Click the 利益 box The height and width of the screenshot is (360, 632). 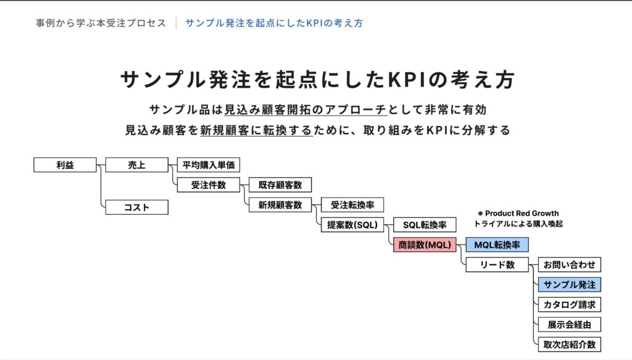65,165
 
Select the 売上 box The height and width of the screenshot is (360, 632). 136,165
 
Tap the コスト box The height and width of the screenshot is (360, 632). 136,207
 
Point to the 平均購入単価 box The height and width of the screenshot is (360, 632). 209,165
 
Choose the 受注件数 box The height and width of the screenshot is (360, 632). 209,185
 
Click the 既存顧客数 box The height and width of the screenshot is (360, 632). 280,185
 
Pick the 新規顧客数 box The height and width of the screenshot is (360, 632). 280,205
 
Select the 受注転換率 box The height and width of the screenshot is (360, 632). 352,205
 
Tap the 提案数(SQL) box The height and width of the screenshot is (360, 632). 352,225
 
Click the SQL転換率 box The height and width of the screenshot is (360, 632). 425,225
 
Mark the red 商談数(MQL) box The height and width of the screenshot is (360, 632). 425,245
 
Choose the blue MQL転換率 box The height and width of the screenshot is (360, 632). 497,245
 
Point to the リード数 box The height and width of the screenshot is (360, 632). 497,265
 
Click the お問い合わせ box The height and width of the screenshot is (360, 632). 569,265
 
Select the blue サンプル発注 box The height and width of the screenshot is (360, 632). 569,285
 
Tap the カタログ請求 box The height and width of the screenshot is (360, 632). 569,304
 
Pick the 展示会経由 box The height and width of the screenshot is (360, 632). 569,324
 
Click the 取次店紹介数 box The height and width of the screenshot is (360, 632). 569,345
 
